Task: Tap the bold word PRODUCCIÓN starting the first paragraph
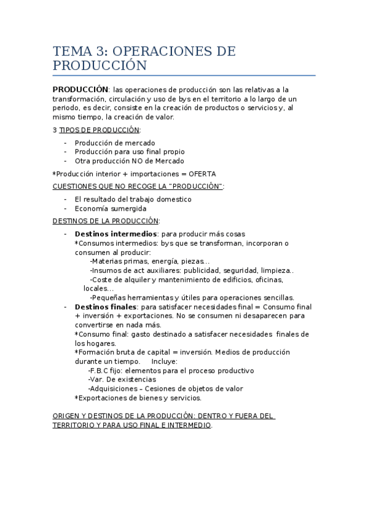tap(80, 89)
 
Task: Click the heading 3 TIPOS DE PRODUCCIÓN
tap(96, 130)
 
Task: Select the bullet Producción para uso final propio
tap(130, 151)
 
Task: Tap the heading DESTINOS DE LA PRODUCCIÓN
tap(106, 221)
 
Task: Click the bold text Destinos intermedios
tap(115, 234)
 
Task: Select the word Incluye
tap(164, 361)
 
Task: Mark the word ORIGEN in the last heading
tap(66, 416)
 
